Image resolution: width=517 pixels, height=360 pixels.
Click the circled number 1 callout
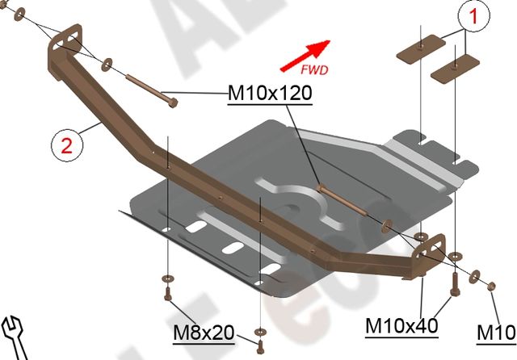coord(475,15)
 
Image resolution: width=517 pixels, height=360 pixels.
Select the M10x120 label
coord(270,94)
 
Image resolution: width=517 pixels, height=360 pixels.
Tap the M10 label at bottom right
coord(496,332)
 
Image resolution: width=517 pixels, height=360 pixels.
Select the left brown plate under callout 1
coord(422,48)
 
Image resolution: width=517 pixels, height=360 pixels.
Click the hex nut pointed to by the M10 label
coord(491,284)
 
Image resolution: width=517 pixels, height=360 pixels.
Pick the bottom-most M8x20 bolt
coord(260,345)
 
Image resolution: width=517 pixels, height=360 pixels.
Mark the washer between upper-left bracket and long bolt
coord(107,61)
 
